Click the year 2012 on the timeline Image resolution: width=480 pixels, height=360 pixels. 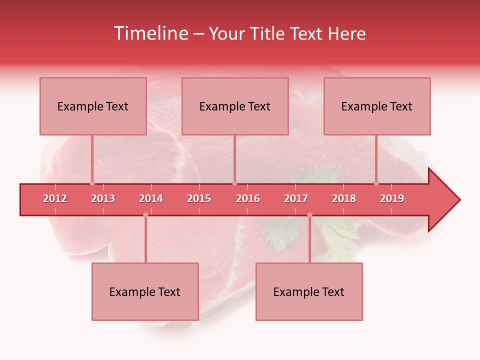[55, 198]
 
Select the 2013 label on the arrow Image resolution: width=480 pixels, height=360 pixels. [103, 198]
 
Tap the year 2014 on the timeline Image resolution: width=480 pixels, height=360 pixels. [151, 198]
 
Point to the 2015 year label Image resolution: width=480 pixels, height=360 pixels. [199, 198]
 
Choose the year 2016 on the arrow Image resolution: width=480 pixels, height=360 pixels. [248, 198]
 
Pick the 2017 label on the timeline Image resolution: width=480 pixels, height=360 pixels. [296, 198]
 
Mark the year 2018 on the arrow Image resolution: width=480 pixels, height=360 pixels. [344, 198]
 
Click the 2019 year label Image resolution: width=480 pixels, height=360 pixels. [392, 198]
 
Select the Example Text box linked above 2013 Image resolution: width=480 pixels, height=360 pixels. [93, 106]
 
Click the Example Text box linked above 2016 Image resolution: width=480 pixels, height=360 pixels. [235, 106]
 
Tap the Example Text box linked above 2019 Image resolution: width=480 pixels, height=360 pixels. [377, 106]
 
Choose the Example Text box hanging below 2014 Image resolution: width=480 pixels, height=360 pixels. [145, 291]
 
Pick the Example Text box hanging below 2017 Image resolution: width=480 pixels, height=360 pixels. [309, 291]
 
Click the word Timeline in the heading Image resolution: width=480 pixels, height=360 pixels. [150, 33]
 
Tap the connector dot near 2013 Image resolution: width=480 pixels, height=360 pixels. [92, 183]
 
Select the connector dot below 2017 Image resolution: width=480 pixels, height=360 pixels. [309, 215]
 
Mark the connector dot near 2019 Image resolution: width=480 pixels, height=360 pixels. [376, 183]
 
